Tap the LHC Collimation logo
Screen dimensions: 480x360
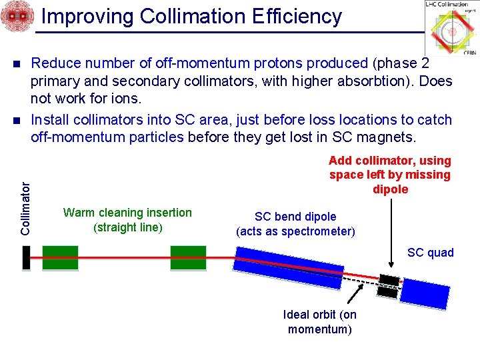pyautogui.click(x=451, y=28)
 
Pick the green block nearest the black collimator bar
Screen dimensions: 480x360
pyautogui.click(x=60, y=258)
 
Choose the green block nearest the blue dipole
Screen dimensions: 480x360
pyautogui.click(x=188, y=258)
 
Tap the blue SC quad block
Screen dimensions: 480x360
pyautogui.click(x=425, y=293)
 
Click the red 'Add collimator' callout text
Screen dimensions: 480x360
pyautogui.click(x=390, y=175)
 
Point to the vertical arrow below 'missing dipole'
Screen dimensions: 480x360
pyautogui.click(x=391, y=233)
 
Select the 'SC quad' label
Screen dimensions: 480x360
pyautogui.click(x=431, y=253)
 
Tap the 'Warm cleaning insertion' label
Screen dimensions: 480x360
pyautogui.click(x=127, y=220)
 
